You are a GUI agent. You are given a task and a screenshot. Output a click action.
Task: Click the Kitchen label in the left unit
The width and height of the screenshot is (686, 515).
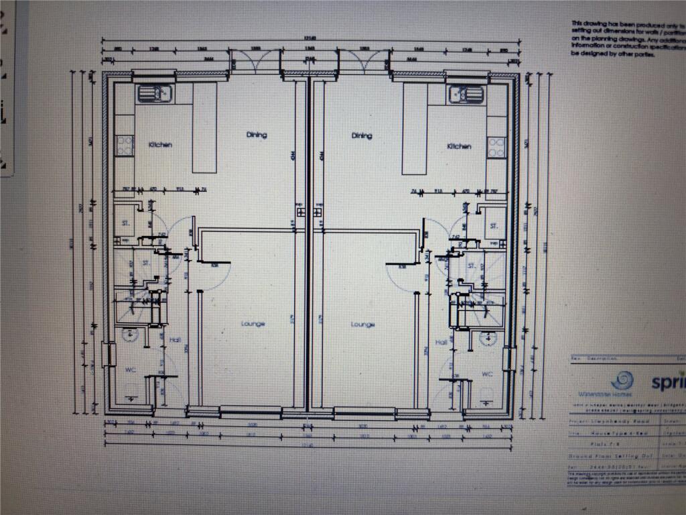tap(161, 145)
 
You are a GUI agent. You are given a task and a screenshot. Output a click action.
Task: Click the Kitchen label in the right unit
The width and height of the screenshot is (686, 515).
tap(460, 146)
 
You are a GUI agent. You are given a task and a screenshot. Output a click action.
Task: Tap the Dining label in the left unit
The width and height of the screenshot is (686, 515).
tap(256, 135)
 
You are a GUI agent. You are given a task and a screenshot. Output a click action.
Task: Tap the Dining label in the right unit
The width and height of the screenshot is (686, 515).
tap(362, 135)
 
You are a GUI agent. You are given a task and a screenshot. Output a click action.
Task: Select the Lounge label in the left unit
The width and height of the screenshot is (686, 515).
tap(253, 324)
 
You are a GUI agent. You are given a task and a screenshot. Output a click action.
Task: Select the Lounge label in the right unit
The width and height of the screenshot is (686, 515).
tap(362, 325)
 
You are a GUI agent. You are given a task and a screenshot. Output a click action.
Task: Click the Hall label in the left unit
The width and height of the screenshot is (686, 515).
tap(175, 340)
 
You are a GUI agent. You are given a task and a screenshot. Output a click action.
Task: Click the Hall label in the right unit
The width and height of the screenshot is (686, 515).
tap(441, 342)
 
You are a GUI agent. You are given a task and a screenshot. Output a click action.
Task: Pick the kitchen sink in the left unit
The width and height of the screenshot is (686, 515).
tap(155, 94)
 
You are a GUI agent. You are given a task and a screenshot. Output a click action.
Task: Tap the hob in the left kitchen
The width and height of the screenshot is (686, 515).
tap(125, 141)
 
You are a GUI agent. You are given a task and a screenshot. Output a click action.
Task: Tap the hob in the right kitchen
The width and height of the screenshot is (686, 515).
tap(496, 145)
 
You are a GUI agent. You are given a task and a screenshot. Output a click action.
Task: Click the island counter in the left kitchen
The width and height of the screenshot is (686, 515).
tap(204, 127)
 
